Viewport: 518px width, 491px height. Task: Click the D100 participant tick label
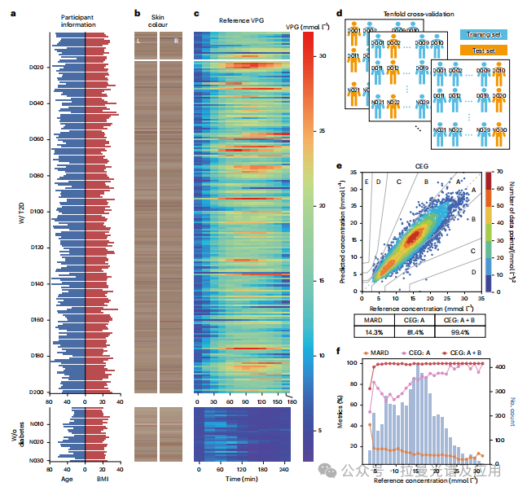[37, 211]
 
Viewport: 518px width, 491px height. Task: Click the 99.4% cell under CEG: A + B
[459, 332]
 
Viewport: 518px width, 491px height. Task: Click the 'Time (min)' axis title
[241, 480]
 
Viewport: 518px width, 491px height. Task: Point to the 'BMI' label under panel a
[103, 480]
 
